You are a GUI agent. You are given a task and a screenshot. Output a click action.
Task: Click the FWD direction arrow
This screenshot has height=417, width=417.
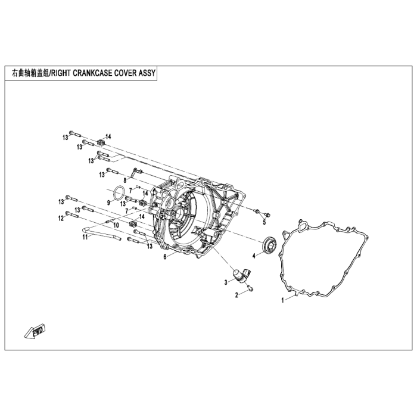pos(36,331)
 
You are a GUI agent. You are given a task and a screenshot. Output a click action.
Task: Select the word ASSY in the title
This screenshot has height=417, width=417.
pos(148,74)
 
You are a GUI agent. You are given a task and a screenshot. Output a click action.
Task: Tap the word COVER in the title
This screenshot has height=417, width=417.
pos(126,74)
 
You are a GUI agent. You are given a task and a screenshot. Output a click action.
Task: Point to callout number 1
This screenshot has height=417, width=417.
pos(282,301)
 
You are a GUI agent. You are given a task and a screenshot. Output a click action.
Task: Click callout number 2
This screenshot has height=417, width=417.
pos(236,295)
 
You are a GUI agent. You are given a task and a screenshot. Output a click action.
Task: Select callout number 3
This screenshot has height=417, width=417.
pos(226,282)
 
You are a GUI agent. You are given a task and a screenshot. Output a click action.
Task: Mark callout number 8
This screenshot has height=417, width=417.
pos(125,180)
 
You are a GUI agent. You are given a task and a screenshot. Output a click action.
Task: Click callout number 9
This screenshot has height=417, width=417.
pos(108,203)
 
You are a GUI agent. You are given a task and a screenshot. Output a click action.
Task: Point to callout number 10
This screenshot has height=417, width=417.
pos(116,226)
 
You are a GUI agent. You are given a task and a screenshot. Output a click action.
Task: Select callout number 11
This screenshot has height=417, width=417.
pos(85,238)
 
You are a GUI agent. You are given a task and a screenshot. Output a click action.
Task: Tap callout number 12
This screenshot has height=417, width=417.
pos(60,219)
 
